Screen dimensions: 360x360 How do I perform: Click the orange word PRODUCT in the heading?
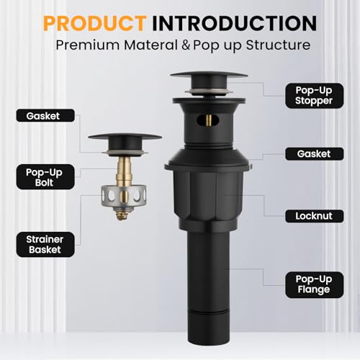(x=95, y=23)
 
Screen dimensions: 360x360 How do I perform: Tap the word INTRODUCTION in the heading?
(x=235, y=23)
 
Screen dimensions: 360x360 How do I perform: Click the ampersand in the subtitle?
(x=186, y=45)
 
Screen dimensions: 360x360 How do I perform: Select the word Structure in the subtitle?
(x=278, y=45)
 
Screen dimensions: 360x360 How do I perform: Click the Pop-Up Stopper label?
(x=315, y=96)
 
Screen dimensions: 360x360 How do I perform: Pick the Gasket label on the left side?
(x=45, y=116)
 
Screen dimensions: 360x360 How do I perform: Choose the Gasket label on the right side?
(x=315, y=154)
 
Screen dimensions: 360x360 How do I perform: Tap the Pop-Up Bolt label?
(x=45, y=177)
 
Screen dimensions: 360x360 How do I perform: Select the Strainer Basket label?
(x=45, y=244)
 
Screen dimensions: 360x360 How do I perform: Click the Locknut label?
(x=315, y=216)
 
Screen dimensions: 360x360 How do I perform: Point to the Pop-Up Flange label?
(x=315, y=284)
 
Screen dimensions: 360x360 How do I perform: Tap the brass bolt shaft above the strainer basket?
(x=125, y=171)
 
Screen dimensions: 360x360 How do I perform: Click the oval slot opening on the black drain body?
(x=208, y=120)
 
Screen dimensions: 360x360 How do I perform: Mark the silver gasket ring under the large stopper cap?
(x=209, y=91)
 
